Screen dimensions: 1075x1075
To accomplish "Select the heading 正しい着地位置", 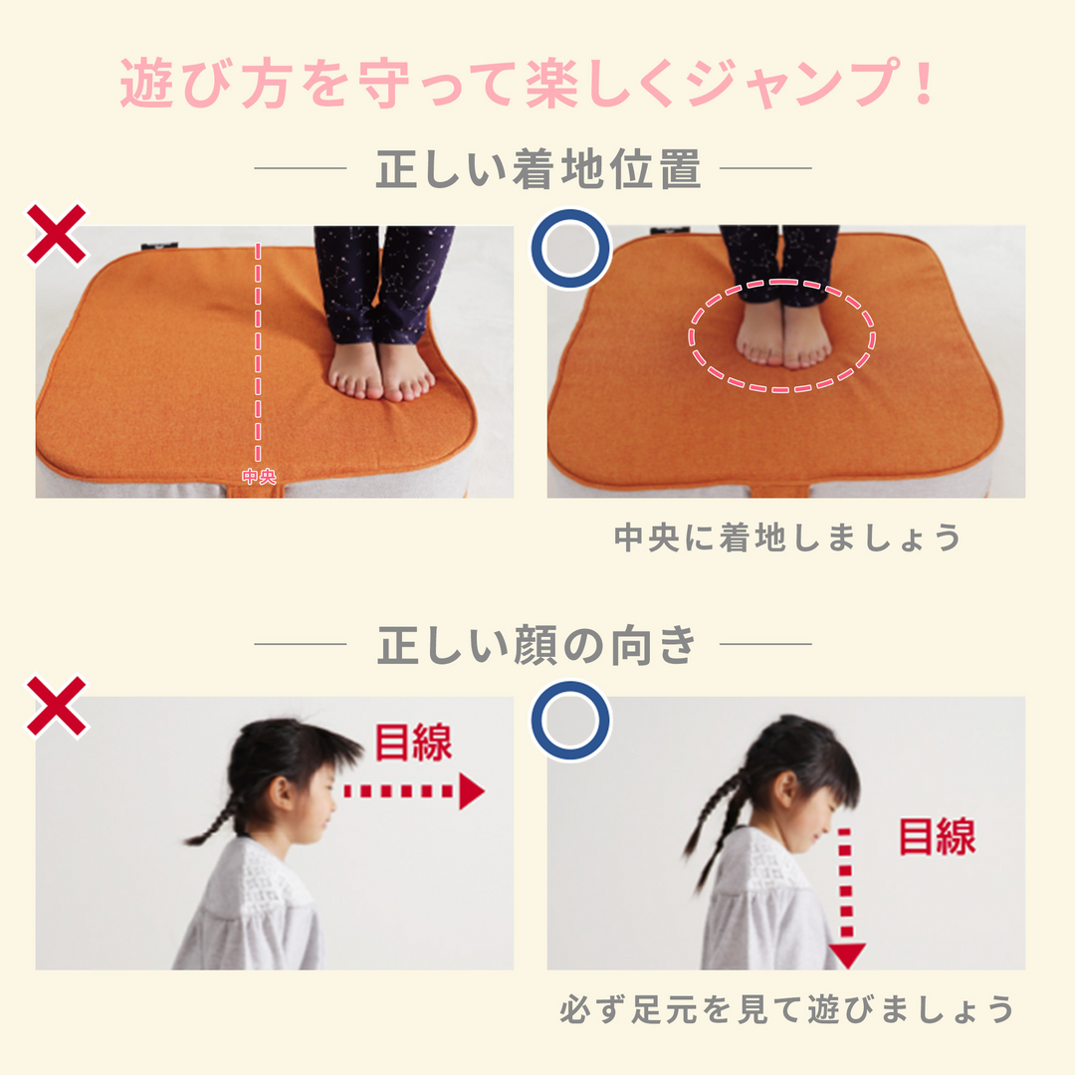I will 537,169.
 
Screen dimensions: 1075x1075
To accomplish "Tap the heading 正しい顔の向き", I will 537,645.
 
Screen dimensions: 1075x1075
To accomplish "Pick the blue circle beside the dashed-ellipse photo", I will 569,248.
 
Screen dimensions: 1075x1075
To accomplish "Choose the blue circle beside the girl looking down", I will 569,720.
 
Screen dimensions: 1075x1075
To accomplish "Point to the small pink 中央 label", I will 258,477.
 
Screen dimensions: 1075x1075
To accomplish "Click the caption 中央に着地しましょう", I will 787,537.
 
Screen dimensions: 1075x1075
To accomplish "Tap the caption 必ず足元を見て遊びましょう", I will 787,1009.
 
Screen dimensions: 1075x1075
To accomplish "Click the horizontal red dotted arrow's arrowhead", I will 471,791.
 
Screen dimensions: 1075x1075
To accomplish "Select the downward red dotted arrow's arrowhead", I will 846,956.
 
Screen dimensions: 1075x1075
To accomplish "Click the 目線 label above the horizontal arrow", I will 413,743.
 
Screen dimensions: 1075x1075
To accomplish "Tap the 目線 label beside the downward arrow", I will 937,836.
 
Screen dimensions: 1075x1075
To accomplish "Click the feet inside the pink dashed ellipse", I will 782,336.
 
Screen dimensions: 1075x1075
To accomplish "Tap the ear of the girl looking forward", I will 281,793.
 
